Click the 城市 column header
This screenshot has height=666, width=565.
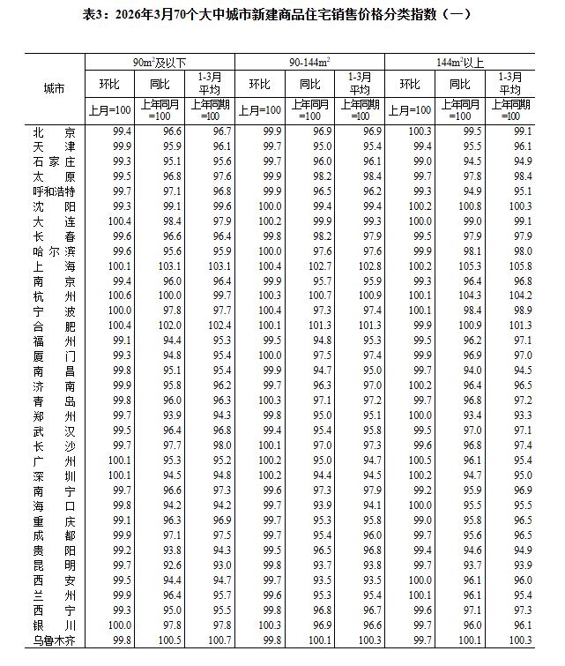tap(54, 88)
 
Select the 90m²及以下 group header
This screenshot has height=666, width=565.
tap(160, 63)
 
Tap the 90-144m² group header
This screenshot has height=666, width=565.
tap(309, 63)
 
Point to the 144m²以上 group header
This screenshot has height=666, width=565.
tap(460, 63)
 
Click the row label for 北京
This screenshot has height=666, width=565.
tap(54, 131)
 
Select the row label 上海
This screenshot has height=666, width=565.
tap(54, 266)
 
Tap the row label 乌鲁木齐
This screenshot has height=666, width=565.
tap(54, 640)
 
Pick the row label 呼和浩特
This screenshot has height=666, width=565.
tap(54, 191)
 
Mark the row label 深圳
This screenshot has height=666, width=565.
tap(54, 475)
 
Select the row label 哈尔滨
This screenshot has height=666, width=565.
tap(54, 251)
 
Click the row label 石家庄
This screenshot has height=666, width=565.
tap(54, 161)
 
